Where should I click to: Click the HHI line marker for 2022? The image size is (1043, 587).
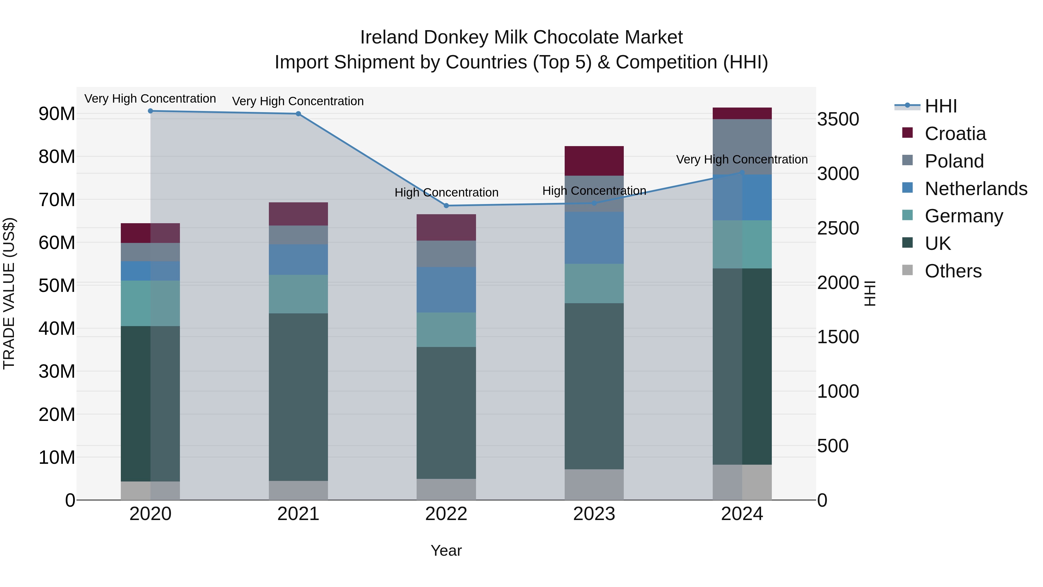pos(446,206)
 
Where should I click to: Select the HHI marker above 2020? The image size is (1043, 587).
pos(150,111)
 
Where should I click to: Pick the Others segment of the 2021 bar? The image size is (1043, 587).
pos(298,490)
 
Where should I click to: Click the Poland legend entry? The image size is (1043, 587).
pos(954,161)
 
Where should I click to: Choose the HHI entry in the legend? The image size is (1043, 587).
pos(940,106)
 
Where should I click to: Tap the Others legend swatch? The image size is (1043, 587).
pos(907,270)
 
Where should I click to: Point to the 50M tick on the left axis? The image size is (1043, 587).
pos(57,286)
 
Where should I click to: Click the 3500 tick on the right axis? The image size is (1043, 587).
pos(838,119)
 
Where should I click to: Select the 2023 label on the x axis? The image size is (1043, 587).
pos(594,514)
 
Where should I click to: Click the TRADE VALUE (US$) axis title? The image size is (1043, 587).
pos(9,293)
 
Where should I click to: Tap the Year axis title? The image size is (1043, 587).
pos(446,550)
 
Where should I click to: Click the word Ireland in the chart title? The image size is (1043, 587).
pos(389,37)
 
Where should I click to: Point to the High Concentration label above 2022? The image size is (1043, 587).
pos(446,192)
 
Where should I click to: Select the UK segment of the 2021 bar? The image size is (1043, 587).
pos(298,397)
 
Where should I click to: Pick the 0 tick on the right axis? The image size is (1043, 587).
pos(822,501)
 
